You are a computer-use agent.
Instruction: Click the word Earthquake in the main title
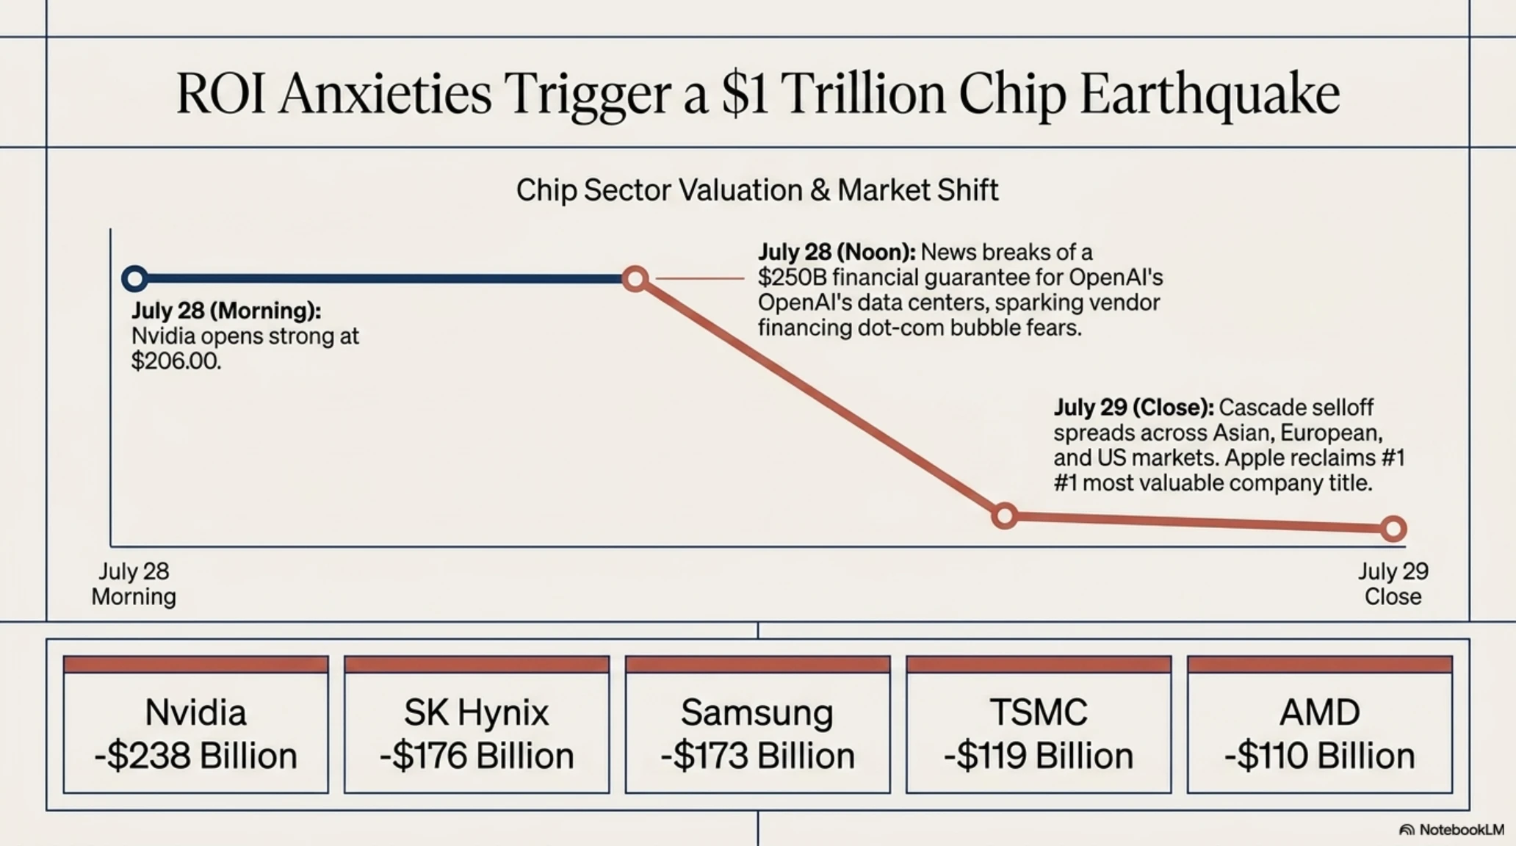click(1210, 95)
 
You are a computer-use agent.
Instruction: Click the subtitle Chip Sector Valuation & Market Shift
click(757, 190)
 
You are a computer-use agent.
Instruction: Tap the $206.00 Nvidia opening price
click(176, 361)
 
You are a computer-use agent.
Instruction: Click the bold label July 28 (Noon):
click(837, 252)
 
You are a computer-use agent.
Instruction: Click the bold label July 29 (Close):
click(1133, 407)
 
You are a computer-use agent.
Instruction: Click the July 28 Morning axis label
click(134, 584)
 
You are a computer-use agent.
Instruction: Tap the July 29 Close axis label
click(1393, 584)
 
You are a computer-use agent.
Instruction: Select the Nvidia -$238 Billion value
click(195, 756)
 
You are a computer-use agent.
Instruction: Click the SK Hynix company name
click(476, 712)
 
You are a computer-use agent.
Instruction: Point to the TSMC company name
click(1038, 712)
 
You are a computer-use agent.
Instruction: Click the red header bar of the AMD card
click(1320, 665)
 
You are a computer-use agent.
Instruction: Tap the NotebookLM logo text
click(1462, 829)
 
